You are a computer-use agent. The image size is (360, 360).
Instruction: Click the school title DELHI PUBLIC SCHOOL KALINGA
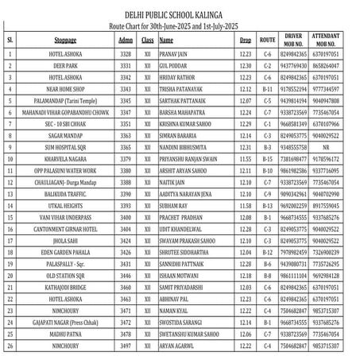(x=179, y=14)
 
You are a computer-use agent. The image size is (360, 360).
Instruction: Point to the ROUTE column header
(x=267, y=39)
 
